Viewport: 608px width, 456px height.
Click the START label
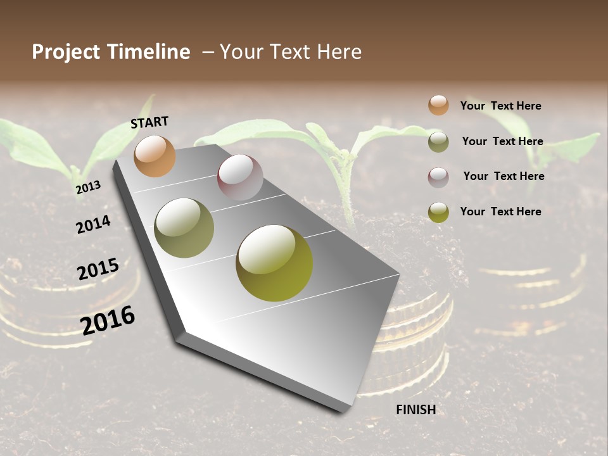(x=149, y=122)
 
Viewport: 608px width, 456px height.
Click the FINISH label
(x=416, y=410)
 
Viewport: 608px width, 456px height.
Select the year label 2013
(x=88, y=187)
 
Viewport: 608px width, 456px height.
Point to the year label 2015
(x=98, y=269)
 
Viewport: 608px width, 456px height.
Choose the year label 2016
(x=108, y=320)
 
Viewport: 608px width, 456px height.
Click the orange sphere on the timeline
(x=155, y=156)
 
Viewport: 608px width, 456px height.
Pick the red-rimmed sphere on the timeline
(x=240, y=177)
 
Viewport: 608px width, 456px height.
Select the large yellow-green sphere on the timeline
(x=274, y=262)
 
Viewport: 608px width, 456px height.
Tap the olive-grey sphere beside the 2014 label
(x=184, y=228)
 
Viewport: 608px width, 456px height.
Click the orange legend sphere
(x=438, y=105)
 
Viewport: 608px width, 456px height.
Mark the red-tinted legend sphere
(x=438, y=177)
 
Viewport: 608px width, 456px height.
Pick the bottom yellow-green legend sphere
(x=438, y=212)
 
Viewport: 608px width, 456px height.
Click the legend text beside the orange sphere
(x=500, y=106)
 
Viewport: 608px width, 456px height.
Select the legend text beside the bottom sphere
(x=500, y=212)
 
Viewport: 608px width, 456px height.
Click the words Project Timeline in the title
(x=111, y=52)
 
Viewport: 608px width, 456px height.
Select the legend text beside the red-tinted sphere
(x=503, y=176)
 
